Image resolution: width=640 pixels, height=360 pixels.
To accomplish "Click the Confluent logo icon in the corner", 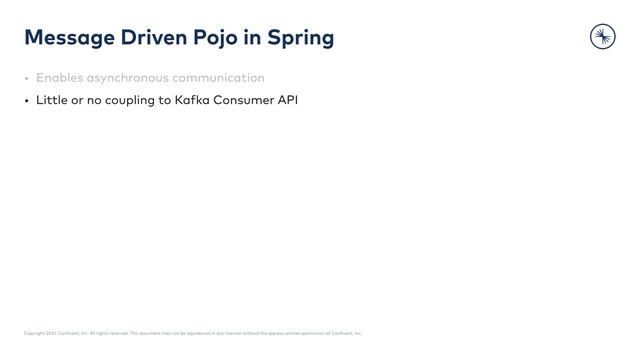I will tap(602, 36).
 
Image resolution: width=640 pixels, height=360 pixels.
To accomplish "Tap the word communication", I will tap(218, 78).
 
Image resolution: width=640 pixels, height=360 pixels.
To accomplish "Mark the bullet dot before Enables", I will tap(27, 78).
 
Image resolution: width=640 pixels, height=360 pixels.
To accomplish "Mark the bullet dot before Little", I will tap(27, 101).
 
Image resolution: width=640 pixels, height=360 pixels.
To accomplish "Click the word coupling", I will tap(129, 100).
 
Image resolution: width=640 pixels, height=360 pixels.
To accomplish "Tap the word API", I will tap(288, 100).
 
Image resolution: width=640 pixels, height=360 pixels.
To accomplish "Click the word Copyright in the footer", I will tap(32, 333).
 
